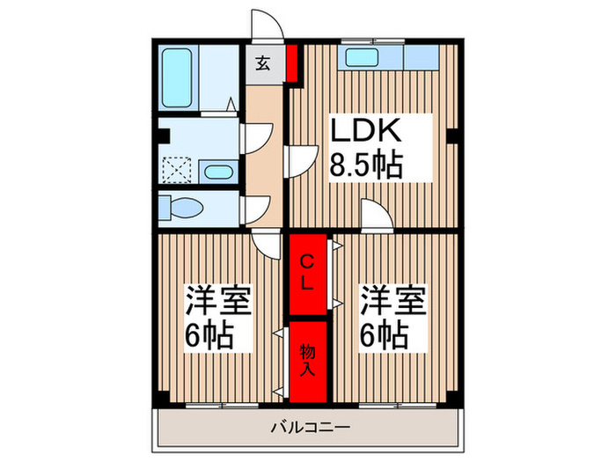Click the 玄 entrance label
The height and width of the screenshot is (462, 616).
tap(264, 63)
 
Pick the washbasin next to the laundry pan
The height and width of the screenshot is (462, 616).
tap(216, 170)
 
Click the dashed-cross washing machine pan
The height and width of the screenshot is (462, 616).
tap(180, 169)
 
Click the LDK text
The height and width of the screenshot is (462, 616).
tap(366, 131)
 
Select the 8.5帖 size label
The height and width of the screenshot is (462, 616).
tap(366, 165)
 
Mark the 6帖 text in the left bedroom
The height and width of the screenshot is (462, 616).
tap(209, 335)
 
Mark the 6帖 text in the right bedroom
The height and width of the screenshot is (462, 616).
tap(383, 335)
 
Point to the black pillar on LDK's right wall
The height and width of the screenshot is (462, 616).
tap(451, 136)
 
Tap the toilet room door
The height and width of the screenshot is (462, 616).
tap(255, 208)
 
